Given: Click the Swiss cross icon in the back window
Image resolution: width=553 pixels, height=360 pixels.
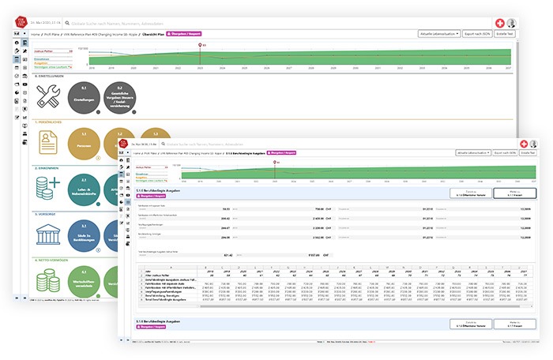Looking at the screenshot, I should [498, 24].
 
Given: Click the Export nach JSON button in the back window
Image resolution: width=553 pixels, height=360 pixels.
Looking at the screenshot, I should [476, 35].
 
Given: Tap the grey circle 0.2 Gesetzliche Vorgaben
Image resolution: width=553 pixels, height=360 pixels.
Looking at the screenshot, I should [119, 97].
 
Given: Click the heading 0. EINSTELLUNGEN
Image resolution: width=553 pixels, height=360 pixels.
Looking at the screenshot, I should [48, 76].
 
